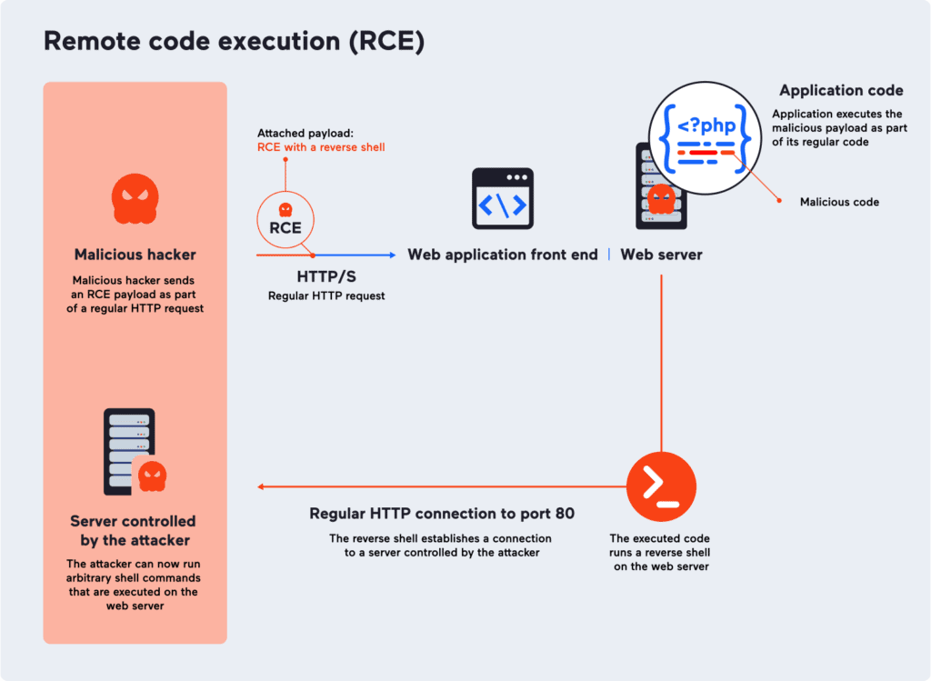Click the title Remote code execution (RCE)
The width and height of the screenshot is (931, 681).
234,41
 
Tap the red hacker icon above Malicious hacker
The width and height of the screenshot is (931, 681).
135,199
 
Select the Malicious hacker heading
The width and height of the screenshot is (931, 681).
135,255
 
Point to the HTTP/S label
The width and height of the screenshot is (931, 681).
326,276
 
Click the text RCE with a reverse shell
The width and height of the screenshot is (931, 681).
321,147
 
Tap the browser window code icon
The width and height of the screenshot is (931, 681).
503,199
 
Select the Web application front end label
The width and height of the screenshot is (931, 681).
503,255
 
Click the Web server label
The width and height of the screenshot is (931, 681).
661,255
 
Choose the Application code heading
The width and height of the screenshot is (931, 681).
841,91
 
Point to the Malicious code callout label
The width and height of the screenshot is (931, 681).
839,202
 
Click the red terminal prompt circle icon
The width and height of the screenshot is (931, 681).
661,486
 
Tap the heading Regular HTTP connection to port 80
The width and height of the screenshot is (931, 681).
442,514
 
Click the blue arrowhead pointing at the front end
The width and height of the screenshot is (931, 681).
392,255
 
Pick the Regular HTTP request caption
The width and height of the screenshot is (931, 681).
326,296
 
